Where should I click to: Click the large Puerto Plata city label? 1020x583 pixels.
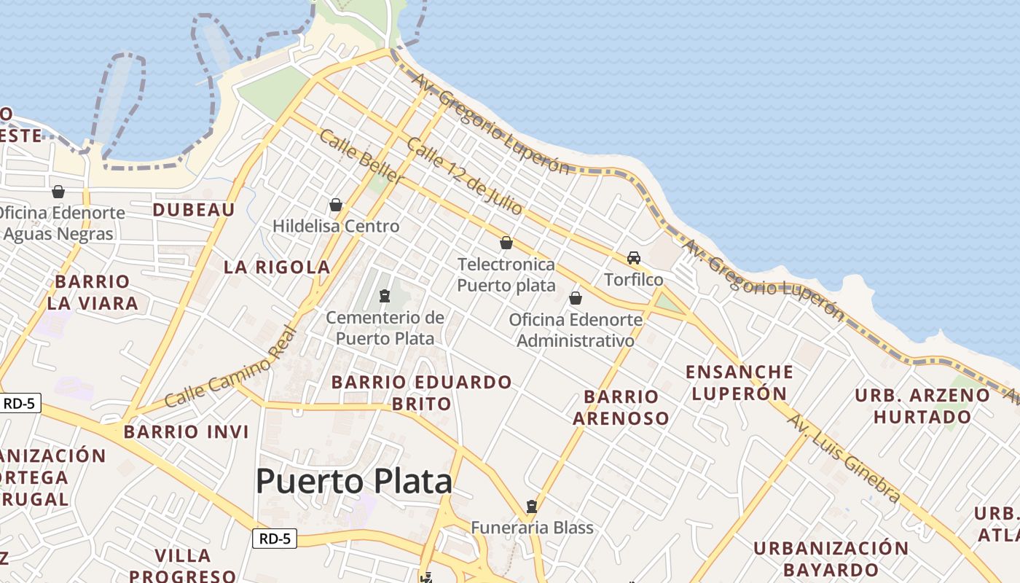pos(354,482)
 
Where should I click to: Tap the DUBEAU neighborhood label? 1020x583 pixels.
pos(194,210)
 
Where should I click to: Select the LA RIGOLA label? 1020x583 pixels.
pos(277,267)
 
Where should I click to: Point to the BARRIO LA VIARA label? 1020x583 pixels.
pos(93,292)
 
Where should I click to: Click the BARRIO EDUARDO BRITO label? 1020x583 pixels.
pos(422,393)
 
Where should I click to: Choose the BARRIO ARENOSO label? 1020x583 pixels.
pos(621,407)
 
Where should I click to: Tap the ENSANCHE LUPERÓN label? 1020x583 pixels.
pos(739,383)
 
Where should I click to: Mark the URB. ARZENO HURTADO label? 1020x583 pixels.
pos(922,406)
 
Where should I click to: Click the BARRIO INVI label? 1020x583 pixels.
pos(187,431)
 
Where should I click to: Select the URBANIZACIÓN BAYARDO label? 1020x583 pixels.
pos(831,558)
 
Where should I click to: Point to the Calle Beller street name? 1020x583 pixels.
pos(361,156)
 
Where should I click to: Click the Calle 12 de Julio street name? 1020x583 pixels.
pos(465,176)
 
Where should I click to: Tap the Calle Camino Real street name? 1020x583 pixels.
pos(231,369)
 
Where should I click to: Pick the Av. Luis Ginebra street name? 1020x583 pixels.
pos(844,458)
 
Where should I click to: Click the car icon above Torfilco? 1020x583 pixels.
pos(634,258)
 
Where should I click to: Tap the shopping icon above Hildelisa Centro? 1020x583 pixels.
pos(336,205)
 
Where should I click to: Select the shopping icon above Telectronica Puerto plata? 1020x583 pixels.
pos(506,243)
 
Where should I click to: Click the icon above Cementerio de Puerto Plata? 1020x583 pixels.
pos(384,296)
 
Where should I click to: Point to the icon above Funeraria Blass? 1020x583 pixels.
pos(532,506)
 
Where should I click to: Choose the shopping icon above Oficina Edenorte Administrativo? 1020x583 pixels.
pos(576,298)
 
